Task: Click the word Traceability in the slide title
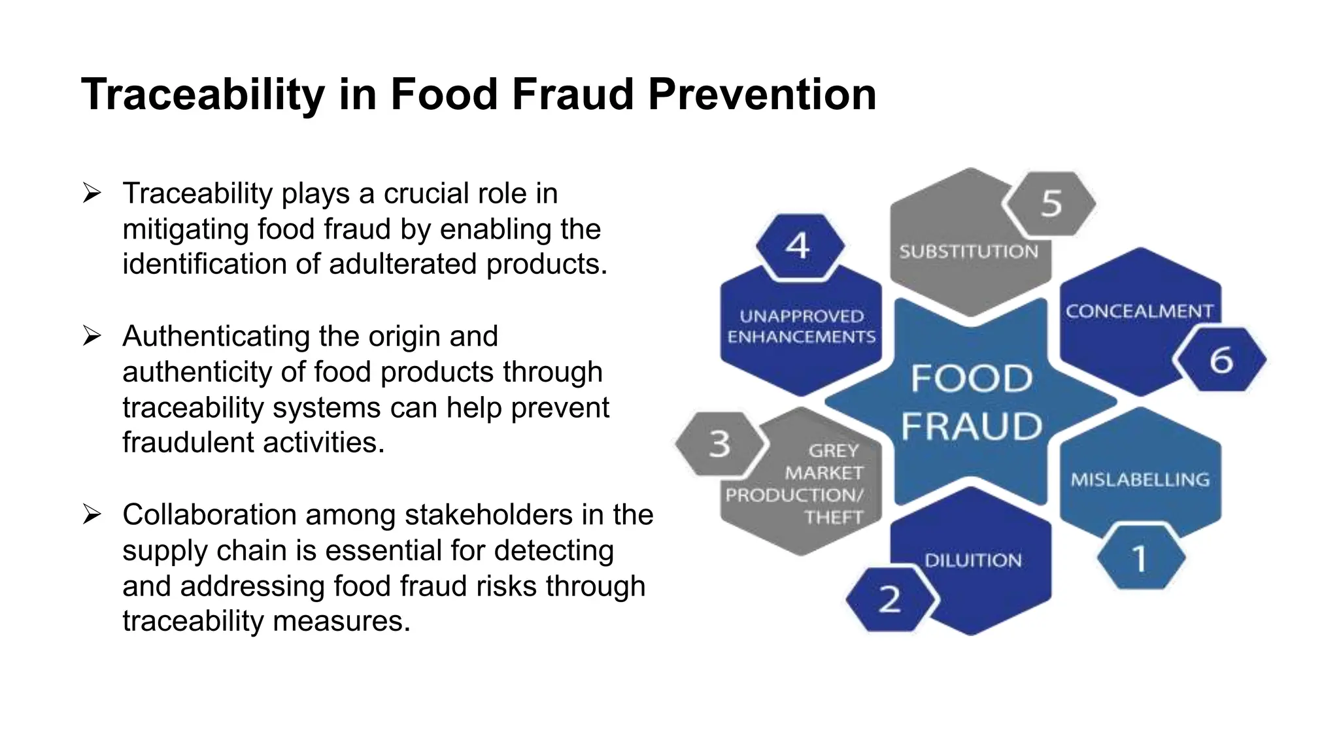coord(203,95)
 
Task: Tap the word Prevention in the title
coord(762,95)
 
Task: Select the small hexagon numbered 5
coord(1051,203)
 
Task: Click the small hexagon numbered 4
coord(798,246)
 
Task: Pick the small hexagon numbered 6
coord(1221,360)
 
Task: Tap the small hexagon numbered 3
coord(719,444)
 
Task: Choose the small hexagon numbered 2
coord(890,599)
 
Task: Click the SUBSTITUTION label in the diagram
coord(968,252)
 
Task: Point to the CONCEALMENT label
coord(1139,311)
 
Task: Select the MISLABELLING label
coord(1140,480)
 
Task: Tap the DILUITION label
coord(973,560)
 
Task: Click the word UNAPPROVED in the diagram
coord(802,316)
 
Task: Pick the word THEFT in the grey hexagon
coord(834,518)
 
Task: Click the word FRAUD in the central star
coord(972,427)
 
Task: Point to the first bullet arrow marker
coord(92,193)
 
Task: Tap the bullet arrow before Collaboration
coord(92,515)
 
